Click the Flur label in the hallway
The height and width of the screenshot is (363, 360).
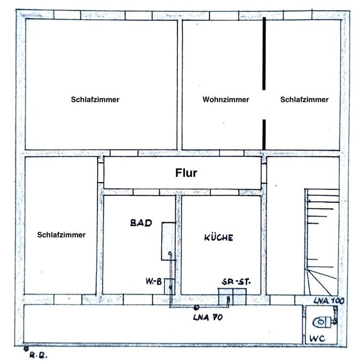click(186, 173)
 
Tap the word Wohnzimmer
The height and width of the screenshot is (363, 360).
click(225, 100)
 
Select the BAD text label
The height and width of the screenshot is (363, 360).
click(141, 223)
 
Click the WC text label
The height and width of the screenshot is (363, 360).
click(318, 338)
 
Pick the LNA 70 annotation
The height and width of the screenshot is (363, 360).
click(208, 318)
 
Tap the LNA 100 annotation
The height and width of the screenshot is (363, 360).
click(328, 301)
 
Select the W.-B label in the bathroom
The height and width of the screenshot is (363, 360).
click(154, 281)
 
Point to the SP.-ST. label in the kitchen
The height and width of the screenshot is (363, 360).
click(237, 281)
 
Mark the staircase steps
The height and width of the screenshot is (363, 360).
click(321, 240)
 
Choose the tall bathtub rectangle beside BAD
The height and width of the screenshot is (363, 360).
click(168, 241)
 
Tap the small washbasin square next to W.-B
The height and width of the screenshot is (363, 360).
click(169, 286)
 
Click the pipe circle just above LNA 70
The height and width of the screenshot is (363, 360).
click(197, 307)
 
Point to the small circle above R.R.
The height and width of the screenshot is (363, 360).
click(27, 349)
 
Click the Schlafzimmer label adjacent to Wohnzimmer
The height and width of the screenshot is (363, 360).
click(304, 100)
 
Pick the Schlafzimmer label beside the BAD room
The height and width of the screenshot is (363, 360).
click(61, 234)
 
